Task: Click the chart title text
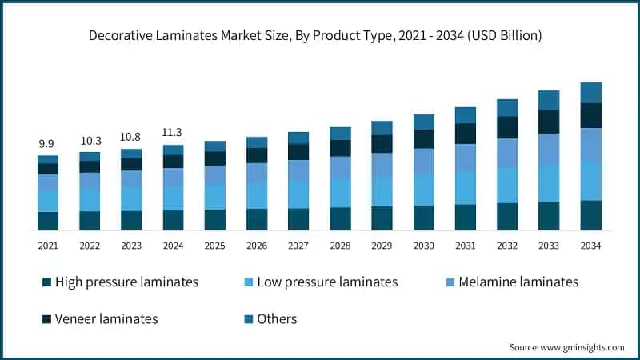point(320,35)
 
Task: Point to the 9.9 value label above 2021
point(47,144)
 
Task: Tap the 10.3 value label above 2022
point(90,140)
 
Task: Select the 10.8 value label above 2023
point(131,137)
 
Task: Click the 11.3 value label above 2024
point(173,133)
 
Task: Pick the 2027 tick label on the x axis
point(298,246)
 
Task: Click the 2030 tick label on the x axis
point(424,246)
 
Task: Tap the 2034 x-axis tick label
point(591,246)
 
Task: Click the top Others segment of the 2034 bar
point(591,93)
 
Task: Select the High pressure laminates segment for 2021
point(47,222)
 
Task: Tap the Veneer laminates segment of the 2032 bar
point(507,127)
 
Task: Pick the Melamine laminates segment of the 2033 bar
point(549,150)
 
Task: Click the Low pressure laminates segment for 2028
point(340,193)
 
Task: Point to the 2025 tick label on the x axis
point(214,246)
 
